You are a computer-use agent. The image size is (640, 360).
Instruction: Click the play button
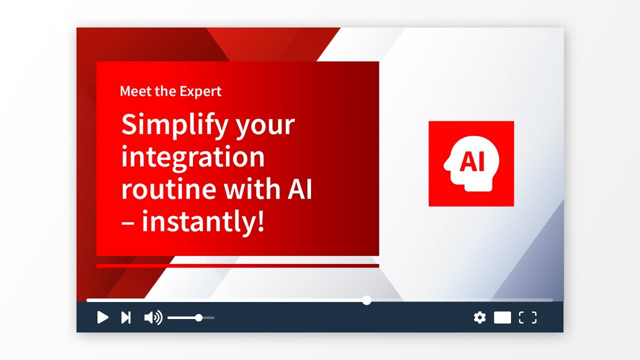(102, 317)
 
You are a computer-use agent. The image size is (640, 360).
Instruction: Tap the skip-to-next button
(126, 317)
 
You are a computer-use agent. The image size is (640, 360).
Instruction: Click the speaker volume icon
(153, 317)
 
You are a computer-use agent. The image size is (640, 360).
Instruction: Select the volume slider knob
(199, 317)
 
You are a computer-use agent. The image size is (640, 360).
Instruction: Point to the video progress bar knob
(366, 300)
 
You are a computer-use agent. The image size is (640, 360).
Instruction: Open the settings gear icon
(479, 317)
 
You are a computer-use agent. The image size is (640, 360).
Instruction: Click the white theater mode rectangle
(502, 317)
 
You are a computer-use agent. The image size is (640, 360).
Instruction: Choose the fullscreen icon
(527, 317)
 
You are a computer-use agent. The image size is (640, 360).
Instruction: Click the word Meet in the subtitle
(135, 91)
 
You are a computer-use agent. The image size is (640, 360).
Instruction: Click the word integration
(193, 157)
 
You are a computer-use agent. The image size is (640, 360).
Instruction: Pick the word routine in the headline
(168, 189)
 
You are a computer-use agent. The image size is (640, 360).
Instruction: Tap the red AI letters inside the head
(471, 161)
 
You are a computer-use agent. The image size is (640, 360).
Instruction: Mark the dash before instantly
(127, 223)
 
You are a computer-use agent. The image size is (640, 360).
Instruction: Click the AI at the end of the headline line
(299, 189)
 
